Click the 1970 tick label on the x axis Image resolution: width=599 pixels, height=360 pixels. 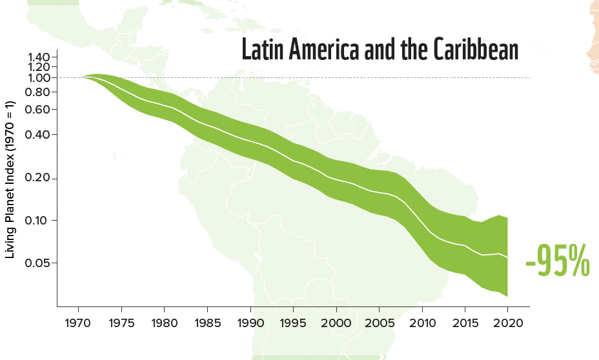click(x=78, y=322)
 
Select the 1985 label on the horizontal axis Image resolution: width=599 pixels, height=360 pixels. click(x=207, y=322)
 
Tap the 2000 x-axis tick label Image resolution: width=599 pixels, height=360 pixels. click(x=336, y=322)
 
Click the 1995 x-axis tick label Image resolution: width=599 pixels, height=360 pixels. click(x=293, y=322)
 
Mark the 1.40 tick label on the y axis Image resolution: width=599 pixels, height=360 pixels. click(x=39, y=57)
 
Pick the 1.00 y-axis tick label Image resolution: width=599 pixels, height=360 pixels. click(x=39, y=78)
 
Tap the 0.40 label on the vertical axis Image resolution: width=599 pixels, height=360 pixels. click(x=39, y=135)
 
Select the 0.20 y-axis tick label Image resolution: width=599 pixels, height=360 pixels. click(x=39, y=179)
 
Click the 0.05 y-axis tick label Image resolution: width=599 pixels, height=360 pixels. click(x=39, y=263)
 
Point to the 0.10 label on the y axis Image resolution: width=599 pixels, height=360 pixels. click(x=39, y=221)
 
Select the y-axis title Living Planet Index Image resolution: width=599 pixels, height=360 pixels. click(x=10, y=179)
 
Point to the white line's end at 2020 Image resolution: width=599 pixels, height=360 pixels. click(x=507, y=257)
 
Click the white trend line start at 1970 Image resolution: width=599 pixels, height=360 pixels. click(x=81, y=77)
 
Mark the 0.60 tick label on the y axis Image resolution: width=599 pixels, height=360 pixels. click(x=39, y=109)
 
